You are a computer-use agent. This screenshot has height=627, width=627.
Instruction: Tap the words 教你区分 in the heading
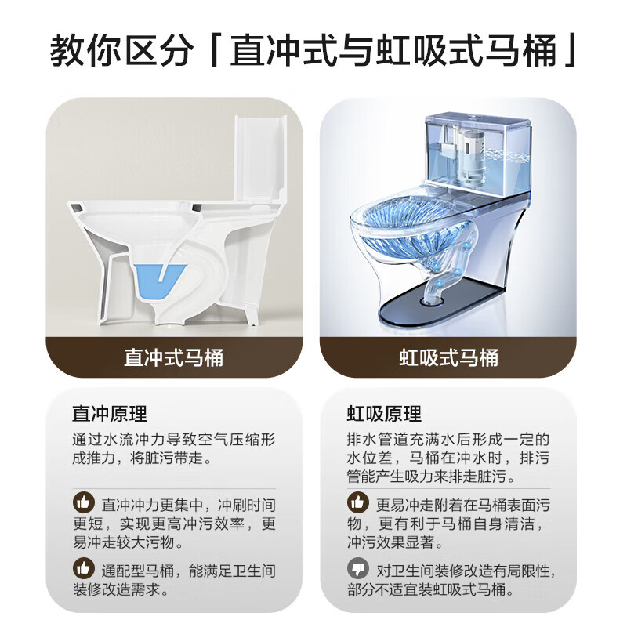pyautogui.click(x=121, y=51)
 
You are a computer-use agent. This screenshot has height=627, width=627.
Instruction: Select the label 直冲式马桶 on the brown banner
pyautogui.click(x=173, y=358)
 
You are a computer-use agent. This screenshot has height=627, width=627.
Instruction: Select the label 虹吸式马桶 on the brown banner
pyautogui.click(x=448, y=358)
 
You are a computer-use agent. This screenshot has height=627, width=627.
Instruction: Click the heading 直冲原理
pyautogui.click(x=110, y=414)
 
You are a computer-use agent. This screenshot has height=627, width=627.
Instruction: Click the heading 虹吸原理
pyautogui.click(x=384, y=414)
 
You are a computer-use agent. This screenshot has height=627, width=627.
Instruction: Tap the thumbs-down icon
pyautogui.click(x=357, y=570)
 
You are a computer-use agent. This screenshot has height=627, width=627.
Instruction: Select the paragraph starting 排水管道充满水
pyautogui.click(x=448, y=458)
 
